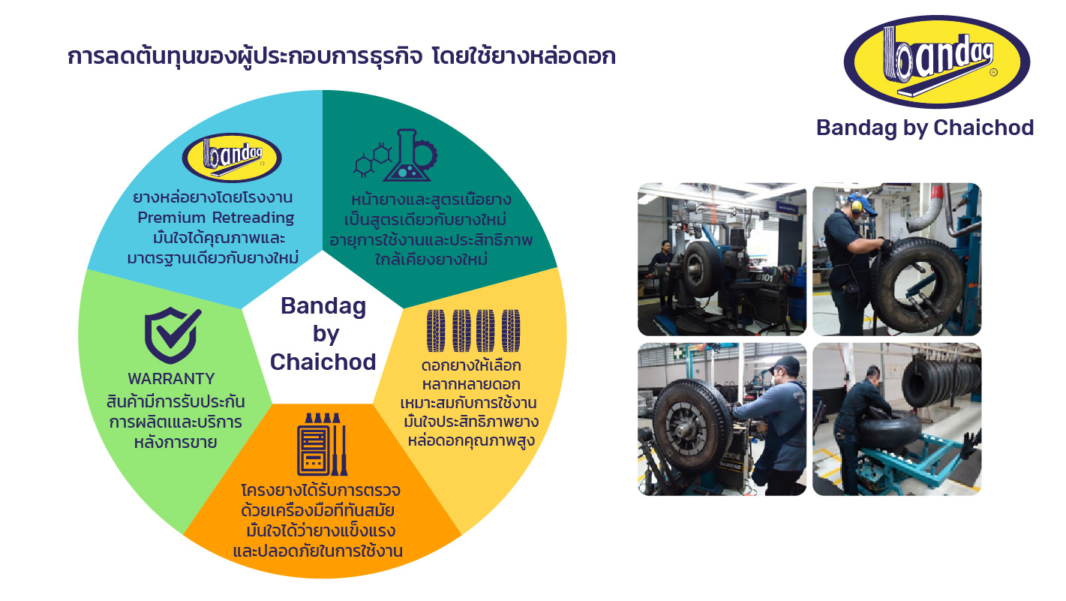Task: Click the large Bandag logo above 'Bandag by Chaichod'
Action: click(936, 62)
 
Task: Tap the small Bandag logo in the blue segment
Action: click(232, 158)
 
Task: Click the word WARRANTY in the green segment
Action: click(171, 379)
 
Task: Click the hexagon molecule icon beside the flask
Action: click(372, 160)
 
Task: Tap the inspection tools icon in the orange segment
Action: click(322, 444)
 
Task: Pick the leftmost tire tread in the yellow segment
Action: click(435, 331)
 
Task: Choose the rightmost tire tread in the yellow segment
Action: click(511, 331)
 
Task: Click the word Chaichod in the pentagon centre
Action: click(323, 362)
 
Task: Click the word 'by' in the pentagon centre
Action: click(326, 335)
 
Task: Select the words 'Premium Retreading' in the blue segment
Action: click(215, 218)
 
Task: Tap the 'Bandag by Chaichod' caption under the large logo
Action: click(925, 128)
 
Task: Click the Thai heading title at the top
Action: click(341, 56)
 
